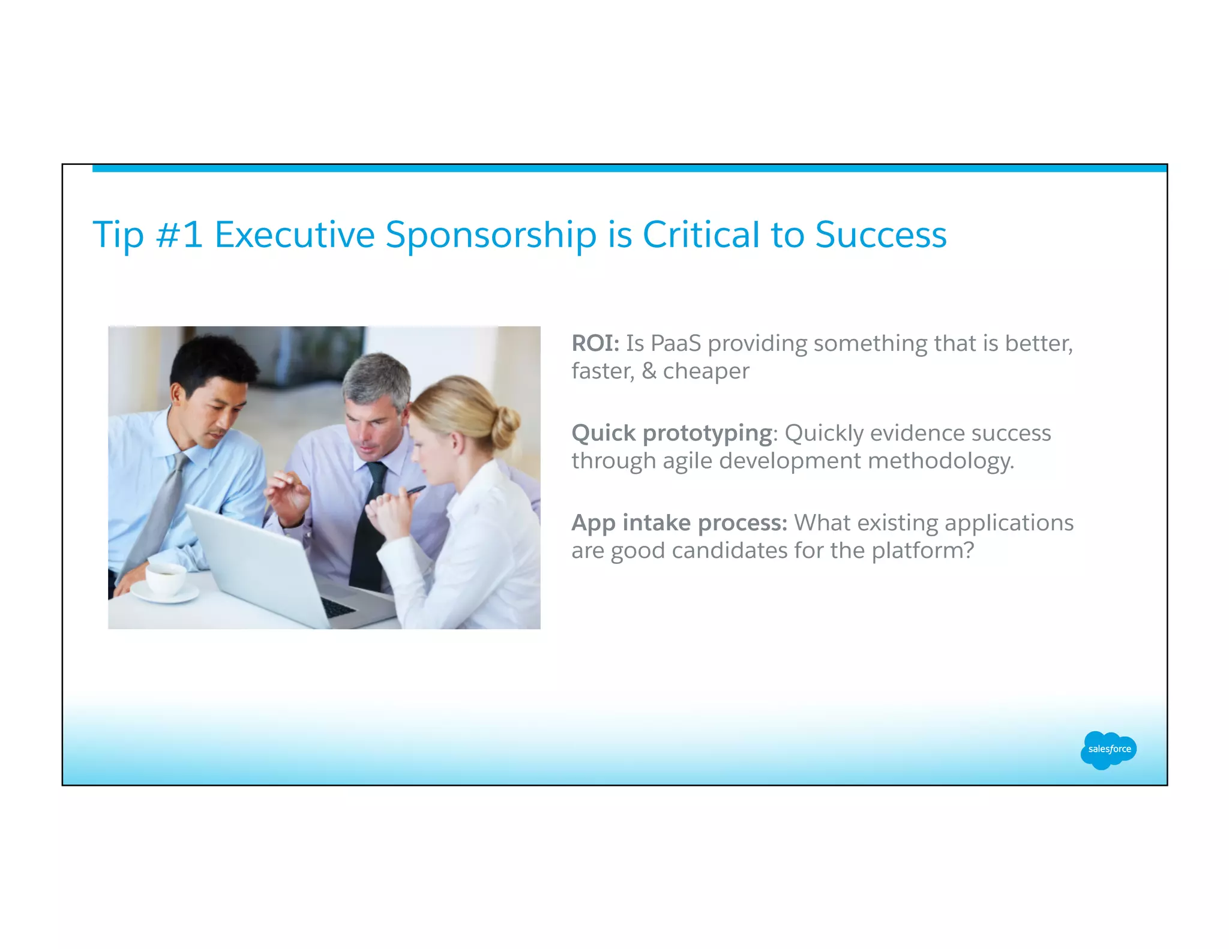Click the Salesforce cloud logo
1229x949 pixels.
point(1108,749)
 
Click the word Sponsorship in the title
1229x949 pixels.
point(490,235)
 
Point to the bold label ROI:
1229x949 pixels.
point(595,343)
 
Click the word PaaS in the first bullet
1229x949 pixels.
point(676,343)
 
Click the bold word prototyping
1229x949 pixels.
point(707,434)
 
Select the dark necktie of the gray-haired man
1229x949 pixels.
point(367,528)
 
